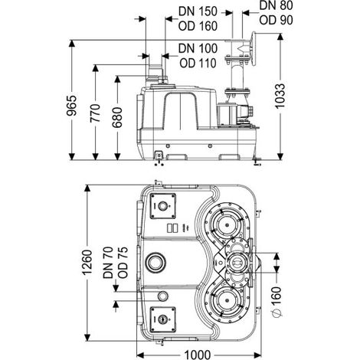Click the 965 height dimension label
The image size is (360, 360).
[72, 106]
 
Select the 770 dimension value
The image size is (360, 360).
[95, 113]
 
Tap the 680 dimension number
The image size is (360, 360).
[117, 117]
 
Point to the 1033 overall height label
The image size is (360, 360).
[280, 96]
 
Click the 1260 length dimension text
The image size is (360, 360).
[87, 263]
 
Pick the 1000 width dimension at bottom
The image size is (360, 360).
[198, 355]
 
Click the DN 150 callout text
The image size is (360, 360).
[198, 11]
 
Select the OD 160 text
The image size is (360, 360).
[198, 26]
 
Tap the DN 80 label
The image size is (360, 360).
[276, 5]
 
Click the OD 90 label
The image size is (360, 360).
[276, 20]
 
